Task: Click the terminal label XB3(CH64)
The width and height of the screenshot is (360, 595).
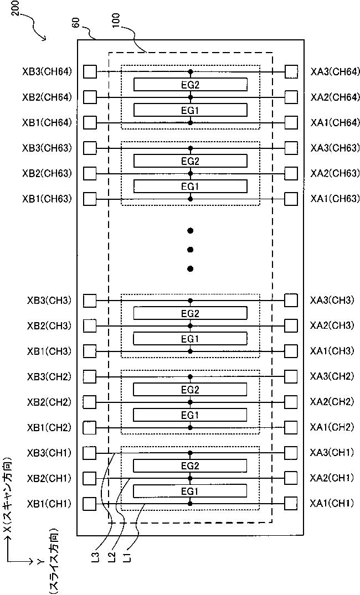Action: coord(47,72)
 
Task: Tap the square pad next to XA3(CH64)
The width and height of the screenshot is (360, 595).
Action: coord(291,71)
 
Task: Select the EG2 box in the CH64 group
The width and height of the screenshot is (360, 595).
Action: coord(191,85)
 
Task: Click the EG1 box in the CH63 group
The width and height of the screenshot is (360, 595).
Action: coord(191,187)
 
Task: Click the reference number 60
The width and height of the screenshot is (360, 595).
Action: coord(77,23)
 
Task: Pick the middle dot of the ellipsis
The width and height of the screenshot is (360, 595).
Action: coord(191,250)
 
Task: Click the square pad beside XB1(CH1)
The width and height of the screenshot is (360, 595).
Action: coord(89,504)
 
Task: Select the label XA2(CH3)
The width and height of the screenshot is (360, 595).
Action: coord(332,325)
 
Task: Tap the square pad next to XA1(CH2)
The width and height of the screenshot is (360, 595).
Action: coord(291,427)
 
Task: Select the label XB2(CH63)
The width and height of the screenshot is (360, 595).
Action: coord(47,173)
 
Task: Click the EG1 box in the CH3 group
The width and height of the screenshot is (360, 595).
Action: coord(191,338)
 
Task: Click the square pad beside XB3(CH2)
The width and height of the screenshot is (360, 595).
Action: coord(89,376)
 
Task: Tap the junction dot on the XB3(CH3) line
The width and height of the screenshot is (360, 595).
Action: coord(191,301)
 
